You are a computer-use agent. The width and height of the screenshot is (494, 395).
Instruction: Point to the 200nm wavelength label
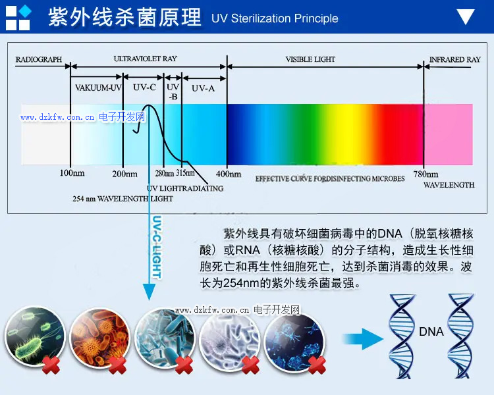(x=124, y=174)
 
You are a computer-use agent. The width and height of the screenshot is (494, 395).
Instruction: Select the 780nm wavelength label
(x=425, y=174)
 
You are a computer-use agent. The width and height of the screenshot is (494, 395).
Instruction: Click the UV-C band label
(x=144, y=88)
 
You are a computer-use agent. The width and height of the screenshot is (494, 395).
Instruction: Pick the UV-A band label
(x=203, y=88)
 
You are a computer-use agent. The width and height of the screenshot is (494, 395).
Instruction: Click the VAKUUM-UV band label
(x=98, y=88)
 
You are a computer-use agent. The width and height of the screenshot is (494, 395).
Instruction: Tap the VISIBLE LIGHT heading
(x=310, y=59)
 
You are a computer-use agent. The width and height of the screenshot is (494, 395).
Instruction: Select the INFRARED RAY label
(x=455, y=59)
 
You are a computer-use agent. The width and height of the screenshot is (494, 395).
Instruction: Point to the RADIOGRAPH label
(x=38, y=59)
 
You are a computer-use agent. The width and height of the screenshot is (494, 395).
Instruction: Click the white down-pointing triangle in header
(x=466, y=17)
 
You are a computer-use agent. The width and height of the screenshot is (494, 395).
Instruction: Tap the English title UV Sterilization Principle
(x=275, y=18)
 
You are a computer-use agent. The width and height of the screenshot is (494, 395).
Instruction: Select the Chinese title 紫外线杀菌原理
(x=124, y=18)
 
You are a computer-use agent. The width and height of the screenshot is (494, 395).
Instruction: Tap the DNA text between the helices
(x=431, y=332)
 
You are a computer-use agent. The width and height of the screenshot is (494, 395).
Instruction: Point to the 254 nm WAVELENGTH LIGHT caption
(x=123, y=198)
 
